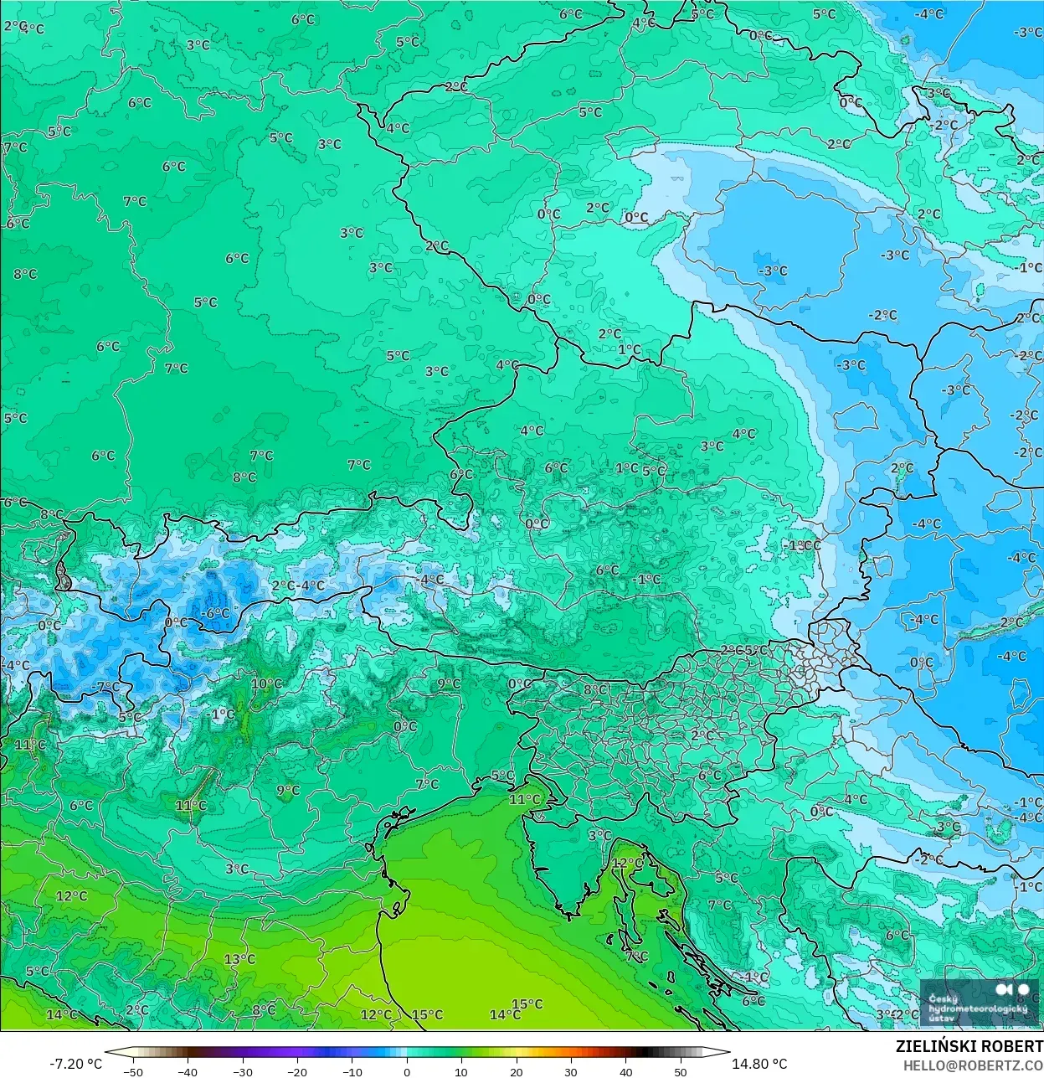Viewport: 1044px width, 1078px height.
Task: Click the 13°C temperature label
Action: (239, 959)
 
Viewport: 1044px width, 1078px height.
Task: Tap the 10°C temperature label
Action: (266, 683)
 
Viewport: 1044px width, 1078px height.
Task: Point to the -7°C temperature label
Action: (105, 687)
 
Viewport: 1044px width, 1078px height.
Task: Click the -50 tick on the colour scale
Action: (133, 1071)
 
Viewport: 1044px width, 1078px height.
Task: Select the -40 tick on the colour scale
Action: (188, 1071)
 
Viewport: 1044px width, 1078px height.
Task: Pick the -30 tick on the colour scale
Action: (243, 1071)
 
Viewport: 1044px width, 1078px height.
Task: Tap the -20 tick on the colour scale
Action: (297, 1071)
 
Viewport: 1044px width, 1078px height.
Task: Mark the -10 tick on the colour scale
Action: (352, 1071)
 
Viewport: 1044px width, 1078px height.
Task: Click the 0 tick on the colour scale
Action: (407, 1071)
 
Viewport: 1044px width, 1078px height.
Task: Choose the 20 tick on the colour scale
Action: (517, 1071)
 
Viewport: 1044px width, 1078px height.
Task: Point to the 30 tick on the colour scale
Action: (571, 1071)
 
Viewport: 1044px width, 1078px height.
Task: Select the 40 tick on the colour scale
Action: (626, 1071)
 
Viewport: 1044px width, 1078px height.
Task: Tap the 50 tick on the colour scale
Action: (681, 1071)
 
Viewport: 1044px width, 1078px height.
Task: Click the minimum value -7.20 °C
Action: (75, 1064)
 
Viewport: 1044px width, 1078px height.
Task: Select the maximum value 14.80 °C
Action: (759, 1064)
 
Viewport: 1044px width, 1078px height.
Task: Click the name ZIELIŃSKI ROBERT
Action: (969, 1046)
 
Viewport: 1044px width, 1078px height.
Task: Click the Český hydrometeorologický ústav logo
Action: (978, 1003)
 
